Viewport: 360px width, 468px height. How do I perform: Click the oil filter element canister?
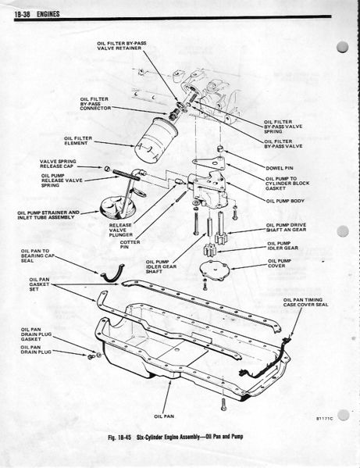click(x=156, y=140)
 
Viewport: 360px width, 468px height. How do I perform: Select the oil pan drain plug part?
click(x=90, y=356)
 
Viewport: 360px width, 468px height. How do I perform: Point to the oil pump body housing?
click(x=209, y=188)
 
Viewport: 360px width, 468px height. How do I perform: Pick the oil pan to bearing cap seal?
click(x=112, y=274)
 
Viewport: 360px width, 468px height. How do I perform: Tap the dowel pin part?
click(x=220, y=148)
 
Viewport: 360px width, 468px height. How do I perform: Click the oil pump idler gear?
click(x=210, y=250)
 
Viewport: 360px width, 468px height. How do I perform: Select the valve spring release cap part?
click(x=107, y=169)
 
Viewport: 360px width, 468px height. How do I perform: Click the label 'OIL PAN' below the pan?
click(x=164, y=416)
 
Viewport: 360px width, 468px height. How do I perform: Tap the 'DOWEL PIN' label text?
click(x=279, y=168)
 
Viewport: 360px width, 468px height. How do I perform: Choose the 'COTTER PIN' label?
click(x=130, y=245)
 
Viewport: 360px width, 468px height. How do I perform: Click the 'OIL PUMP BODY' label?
click(x=285, y=201)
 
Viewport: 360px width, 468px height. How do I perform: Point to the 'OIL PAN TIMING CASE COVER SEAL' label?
click(x=305, y=302)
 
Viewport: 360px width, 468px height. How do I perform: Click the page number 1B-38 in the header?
click(x=23, y=14)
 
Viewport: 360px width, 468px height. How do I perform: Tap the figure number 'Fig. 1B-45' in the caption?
click(x=120, y=437)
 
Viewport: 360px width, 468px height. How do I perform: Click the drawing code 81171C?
click(x=325, y=419)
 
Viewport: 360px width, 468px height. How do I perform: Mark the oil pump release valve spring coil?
click(x=127, y=174)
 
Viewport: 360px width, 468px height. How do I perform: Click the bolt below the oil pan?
click(x=223, y=404)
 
